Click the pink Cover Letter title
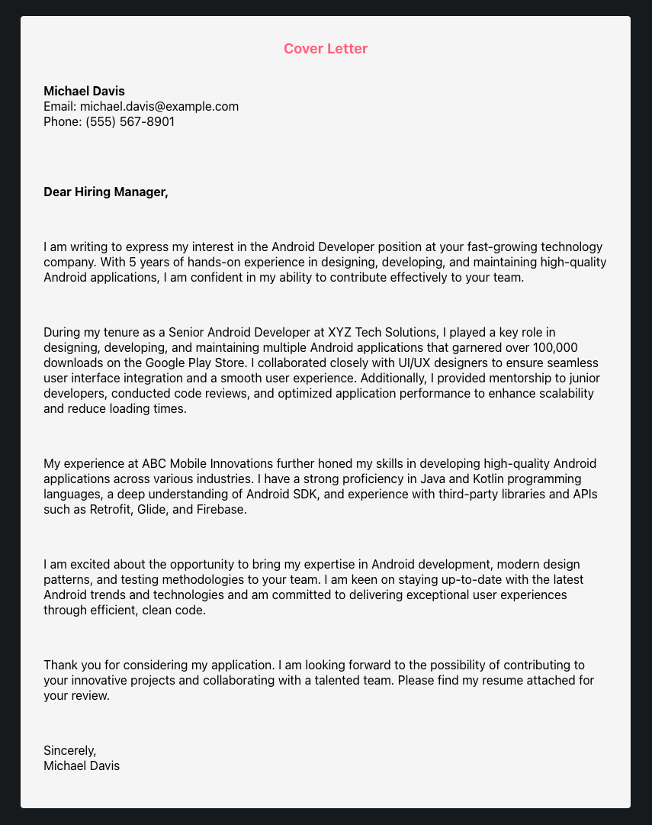(x=326, y=49)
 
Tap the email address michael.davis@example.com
(x=159, y=106)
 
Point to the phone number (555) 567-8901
(x=130, y=121)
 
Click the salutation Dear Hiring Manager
(x=105, y=192)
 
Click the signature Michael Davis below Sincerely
(x=82, y=765)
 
